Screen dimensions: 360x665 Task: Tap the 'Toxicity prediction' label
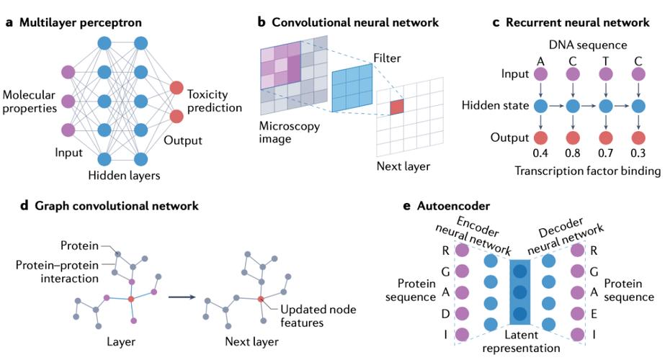tap(214, 102)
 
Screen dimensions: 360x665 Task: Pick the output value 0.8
tap(573, 152)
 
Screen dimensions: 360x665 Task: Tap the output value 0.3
tap(638, 152)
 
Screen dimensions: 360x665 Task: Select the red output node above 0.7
tap(606, 137)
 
